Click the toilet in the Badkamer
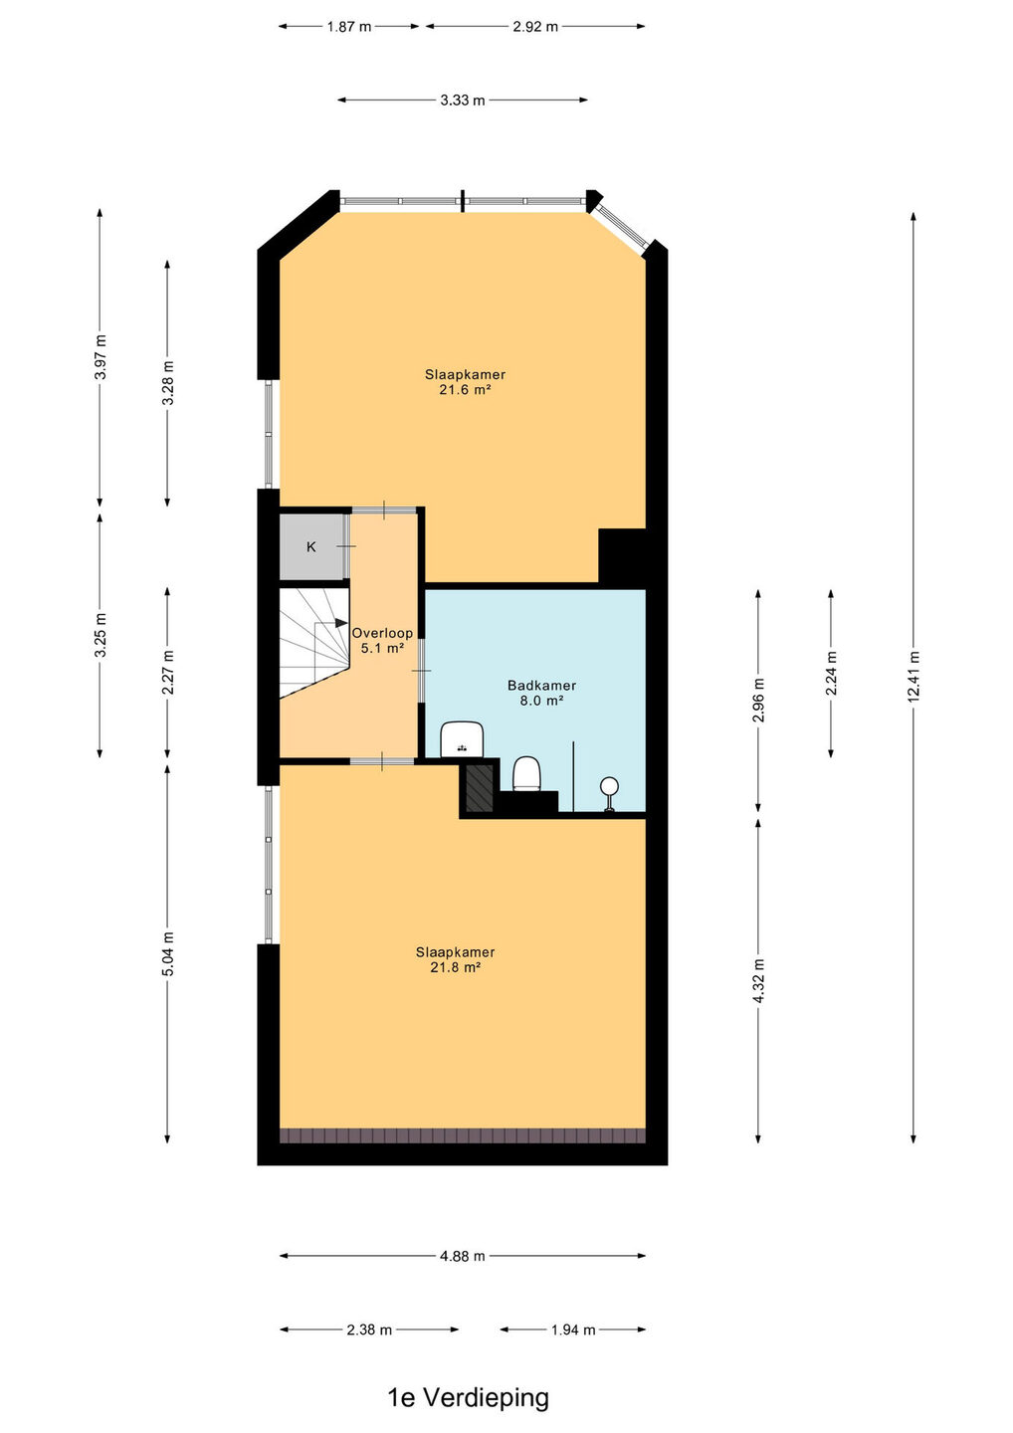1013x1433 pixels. tap(527, 773)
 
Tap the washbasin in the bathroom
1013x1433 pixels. tap(462, 738)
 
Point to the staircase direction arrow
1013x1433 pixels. tap(338, 623)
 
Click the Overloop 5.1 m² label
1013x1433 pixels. tap(382, 641)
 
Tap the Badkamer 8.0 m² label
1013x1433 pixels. tap(541, 693)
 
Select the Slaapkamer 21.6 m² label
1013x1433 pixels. tap(465, 382)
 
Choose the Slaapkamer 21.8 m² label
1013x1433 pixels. tap(456, 959)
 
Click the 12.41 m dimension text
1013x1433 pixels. tap(913, 677)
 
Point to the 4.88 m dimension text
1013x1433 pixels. tap(463, 1256)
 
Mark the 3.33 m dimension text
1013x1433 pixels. tap(463, 100)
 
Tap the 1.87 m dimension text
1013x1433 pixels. tap(348, 26)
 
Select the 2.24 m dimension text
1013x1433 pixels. tap(831, 673)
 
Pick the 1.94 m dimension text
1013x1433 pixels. tap(573, 1330)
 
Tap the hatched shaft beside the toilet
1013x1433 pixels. tap(479, 788)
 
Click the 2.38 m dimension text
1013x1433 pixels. tap(369, 1330)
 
